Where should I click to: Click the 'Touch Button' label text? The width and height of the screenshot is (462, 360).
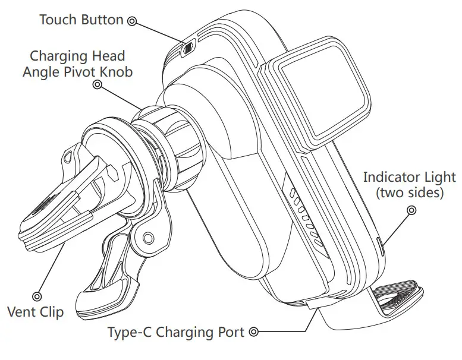(x=81, y=20)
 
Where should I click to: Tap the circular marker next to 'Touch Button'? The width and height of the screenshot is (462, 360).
(x=132, y=21)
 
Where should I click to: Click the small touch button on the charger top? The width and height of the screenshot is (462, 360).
(x=188, y=48)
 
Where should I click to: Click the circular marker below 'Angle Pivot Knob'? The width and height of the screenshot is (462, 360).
(x=97, y=86)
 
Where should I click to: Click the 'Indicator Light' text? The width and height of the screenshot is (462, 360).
(x=409, y=177)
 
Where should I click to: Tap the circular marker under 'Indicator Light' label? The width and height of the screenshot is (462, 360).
(x=411, y=210)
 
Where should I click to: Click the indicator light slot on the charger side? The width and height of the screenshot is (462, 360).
(x=381, y=245)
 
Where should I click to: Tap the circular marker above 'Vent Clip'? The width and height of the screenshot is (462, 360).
(x=37, y=295)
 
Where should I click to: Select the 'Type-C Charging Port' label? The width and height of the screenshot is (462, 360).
(x=177, y=332)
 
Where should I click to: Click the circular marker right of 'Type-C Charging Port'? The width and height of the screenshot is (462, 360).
(x=255, y=332)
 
